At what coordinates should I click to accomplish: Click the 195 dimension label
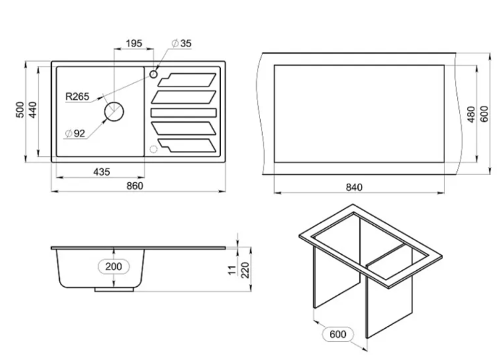134,43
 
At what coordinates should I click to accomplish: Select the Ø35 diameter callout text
182,43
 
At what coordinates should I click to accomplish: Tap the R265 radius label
77,96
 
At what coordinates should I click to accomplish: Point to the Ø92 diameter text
75,133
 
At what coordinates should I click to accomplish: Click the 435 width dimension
102,172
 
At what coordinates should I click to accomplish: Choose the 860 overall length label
135,186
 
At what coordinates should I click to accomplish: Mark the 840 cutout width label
354,187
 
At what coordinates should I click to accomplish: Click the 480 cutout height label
471,114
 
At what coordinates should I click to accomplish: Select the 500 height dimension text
20,110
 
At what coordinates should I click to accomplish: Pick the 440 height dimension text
33,110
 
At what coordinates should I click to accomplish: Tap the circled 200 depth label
114,266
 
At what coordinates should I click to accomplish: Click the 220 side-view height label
245,270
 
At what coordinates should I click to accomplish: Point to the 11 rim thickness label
233,270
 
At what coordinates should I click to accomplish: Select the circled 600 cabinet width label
337,334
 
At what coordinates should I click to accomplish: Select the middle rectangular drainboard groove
184,112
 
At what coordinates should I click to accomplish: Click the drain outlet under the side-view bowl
114,289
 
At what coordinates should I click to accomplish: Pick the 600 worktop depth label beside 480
484,114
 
